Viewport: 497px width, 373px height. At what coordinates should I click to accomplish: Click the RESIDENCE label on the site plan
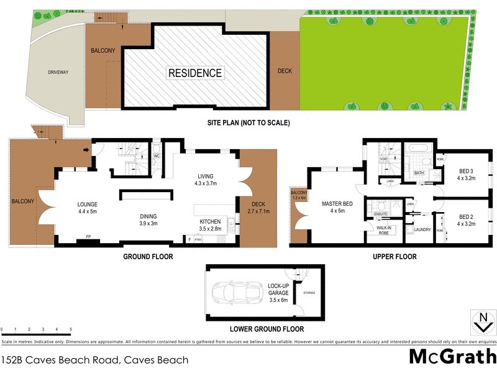click(x=195, y=73)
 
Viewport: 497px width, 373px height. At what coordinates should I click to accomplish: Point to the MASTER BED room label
click(x=337, y=207)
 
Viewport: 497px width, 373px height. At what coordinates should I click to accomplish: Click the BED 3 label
click(x=466, y=175)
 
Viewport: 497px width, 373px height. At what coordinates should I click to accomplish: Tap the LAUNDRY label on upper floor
click(x=422, y=229)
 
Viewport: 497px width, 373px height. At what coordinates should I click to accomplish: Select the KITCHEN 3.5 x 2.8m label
click(x=210, y=225)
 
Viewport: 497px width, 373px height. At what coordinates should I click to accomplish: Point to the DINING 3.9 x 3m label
click(x=150, y=220)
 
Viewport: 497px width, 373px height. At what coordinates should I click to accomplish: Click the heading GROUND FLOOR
click(x=148, y=256)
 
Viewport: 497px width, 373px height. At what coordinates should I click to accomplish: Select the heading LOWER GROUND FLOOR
click(x=267, y=329)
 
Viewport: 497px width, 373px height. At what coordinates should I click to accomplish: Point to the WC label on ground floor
click(x=157, y=157)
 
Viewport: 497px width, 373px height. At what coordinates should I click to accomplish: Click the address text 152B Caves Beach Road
click(x=94, y=359)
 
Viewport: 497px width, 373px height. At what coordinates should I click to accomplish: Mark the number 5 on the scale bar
click(x=70, y=329)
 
